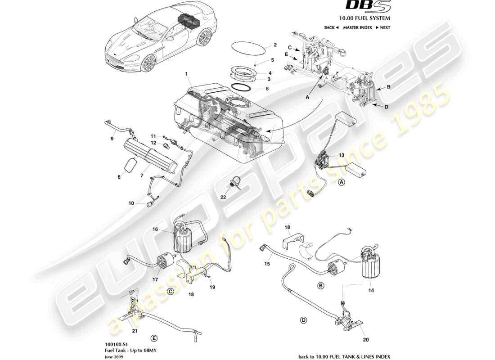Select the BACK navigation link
pos(331,27)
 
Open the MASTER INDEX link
pos(357,27)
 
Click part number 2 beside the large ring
pos(275,45)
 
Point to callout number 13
pos(342,155)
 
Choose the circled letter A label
pos(342,182)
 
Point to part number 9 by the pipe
pos(112,139)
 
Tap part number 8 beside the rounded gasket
pos(120,177)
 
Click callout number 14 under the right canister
pos(371,291)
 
